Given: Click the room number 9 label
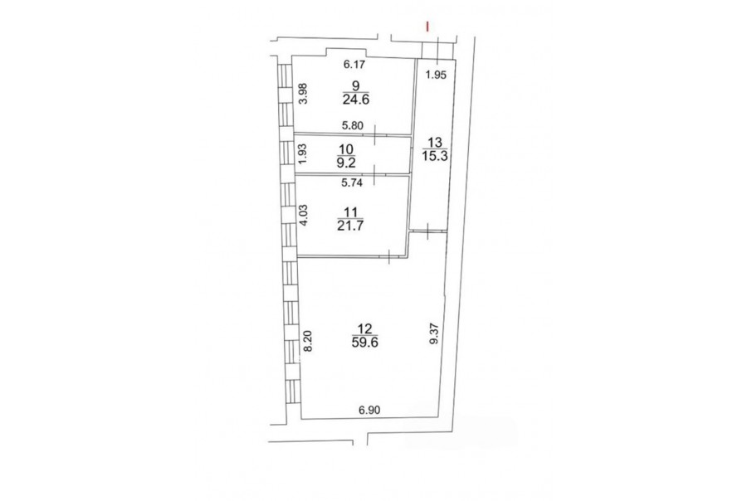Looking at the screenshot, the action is (x=355, y=85).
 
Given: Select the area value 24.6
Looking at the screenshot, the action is (x=356, y=100).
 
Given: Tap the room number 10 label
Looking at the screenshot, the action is (x=346, y=149).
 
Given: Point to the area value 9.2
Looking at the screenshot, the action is (x=346, y=163).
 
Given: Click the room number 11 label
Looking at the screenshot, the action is (x=350, y=212).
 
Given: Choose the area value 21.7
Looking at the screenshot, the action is (x=350, y=226).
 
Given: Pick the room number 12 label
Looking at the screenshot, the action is (x=365, y=328).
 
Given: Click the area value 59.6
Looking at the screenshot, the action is (x=365, y=343).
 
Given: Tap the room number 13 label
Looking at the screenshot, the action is (x=436, y=142).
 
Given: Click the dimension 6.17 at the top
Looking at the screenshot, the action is (x=355, y=63).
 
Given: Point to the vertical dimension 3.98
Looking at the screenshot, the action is (x=301, y=94).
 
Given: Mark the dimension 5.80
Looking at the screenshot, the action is (x=353, y=126).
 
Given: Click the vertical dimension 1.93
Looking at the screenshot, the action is (x=301, y=153).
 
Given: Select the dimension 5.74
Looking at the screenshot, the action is (x=353, y=182).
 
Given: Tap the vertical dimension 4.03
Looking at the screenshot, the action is (x=301, y=216).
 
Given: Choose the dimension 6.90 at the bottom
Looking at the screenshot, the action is (x=369, y=410).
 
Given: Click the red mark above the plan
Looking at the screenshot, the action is (x=427, y=27).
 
